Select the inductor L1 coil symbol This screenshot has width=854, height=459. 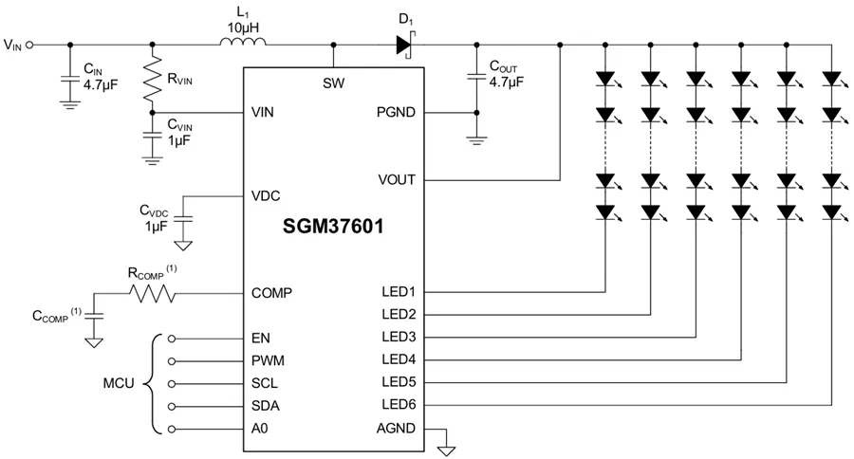[242, 43]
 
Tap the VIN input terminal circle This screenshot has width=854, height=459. [30, 44]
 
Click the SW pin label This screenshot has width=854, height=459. [333, 83]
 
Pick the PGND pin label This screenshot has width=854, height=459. [397, 112]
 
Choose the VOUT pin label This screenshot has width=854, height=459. [396, 180]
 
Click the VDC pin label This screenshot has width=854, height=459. [267, 196]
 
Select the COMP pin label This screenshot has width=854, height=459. [271, 293]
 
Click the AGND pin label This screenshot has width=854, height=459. [397, 429]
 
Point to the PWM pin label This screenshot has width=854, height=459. [269, 360]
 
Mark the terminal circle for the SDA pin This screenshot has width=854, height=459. [171, 406]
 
